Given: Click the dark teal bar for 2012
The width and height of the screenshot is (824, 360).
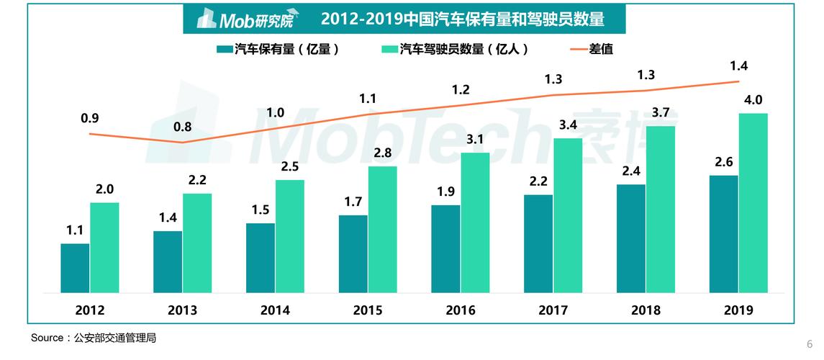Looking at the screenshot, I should pos(75,268).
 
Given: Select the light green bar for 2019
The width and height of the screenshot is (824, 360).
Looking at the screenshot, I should pos(753,203).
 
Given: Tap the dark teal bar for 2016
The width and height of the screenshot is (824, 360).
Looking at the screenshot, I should pos(445,249).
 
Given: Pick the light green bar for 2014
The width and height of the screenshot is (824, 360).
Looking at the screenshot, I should pos(290,236).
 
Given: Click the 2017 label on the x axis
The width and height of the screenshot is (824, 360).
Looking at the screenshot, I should pos(553,310).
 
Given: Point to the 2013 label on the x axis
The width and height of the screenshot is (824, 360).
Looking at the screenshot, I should pos(183,310).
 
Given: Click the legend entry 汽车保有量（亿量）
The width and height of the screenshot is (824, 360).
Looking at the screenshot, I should pos(278,50).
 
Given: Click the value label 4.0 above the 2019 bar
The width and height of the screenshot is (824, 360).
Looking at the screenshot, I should pos(753,100).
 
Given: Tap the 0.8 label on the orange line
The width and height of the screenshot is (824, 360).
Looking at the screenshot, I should pos(183,127).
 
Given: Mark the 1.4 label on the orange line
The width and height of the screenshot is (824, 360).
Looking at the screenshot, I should pos(738,66).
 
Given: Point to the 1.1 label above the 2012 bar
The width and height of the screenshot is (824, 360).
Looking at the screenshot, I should pos(75,230).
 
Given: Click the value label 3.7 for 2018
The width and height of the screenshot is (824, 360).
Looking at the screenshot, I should pos(661,113).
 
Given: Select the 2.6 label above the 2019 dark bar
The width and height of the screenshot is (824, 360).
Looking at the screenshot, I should pos(723,162).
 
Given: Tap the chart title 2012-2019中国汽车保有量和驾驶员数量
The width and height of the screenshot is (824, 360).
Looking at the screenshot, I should pos(463,19).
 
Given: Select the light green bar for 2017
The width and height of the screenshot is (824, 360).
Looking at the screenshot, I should pos(568,215).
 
